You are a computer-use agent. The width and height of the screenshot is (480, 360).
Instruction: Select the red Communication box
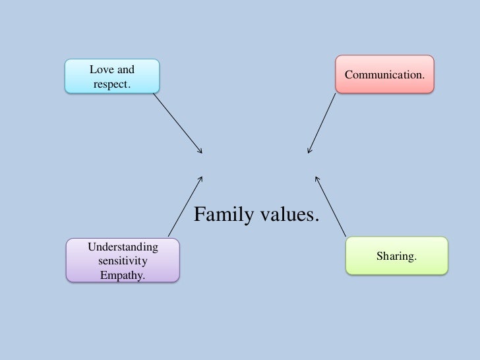(x=384, y=75)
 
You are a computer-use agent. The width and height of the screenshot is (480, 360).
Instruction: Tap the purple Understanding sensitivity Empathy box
(x=123, y=260)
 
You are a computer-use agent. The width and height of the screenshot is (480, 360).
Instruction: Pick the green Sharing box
(x=396, y=256)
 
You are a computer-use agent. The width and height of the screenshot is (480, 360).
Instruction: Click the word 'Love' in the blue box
(x=101, y=69)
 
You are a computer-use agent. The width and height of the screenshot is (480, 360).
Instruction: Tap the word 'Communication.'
(x=384, y=75)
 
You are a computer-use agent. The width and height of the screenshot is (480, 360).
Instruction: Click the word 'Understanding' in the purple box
(x=123, y=247)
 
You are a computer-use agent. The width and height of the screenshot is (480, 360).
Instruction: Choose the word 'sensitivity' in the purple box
(x=123, y=260)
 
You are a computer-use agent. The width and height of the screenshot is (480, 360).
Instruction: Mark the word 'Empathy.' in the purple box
(x=123, y=273)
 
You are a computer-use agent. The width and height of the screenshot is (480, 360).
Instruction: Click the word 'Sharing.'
(x=396, y=256)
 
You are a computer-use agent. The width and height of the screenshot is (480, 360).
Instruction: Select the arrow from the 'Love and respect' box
(x=178, y=124)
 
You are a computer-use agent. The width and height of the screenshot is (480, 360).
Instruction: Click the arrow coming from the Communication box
(x=322, y=124)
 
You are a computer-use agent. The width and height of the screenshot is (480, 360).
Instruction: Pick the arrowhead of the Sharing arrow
(x=317, y=177)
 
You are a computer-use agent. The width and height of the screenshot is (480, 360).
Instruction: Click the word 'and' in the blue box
(x=126, y=69)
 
